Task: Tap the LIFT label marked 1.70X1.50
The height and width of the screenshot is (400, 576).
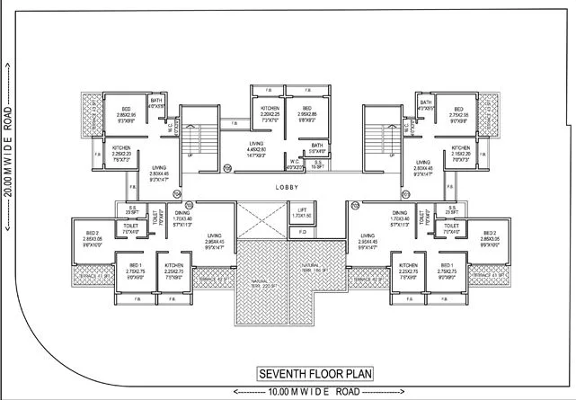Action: tap(301, 212)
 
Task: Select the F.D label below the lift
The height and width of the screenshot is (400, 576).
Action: tap(301, 232)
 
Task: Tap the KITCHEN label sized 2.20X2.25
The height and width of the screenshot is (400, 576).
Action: tap(259, 111)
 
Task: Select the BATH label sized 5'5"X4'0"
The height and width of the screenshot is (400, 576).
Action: tap(316, 147)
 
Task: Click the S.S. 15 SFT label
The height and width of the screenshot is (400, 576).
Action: tap(317, 165)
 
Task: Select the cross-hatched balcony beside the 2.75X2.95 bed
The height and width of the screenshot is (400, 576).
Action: tap(489, 114)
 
